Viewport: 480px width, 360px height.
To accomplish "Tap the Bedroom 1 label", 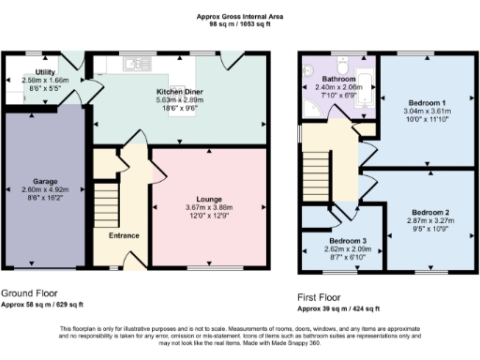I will [427, 104].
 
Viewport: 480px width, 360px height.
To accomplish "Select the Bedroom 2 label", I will [429, 213].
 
